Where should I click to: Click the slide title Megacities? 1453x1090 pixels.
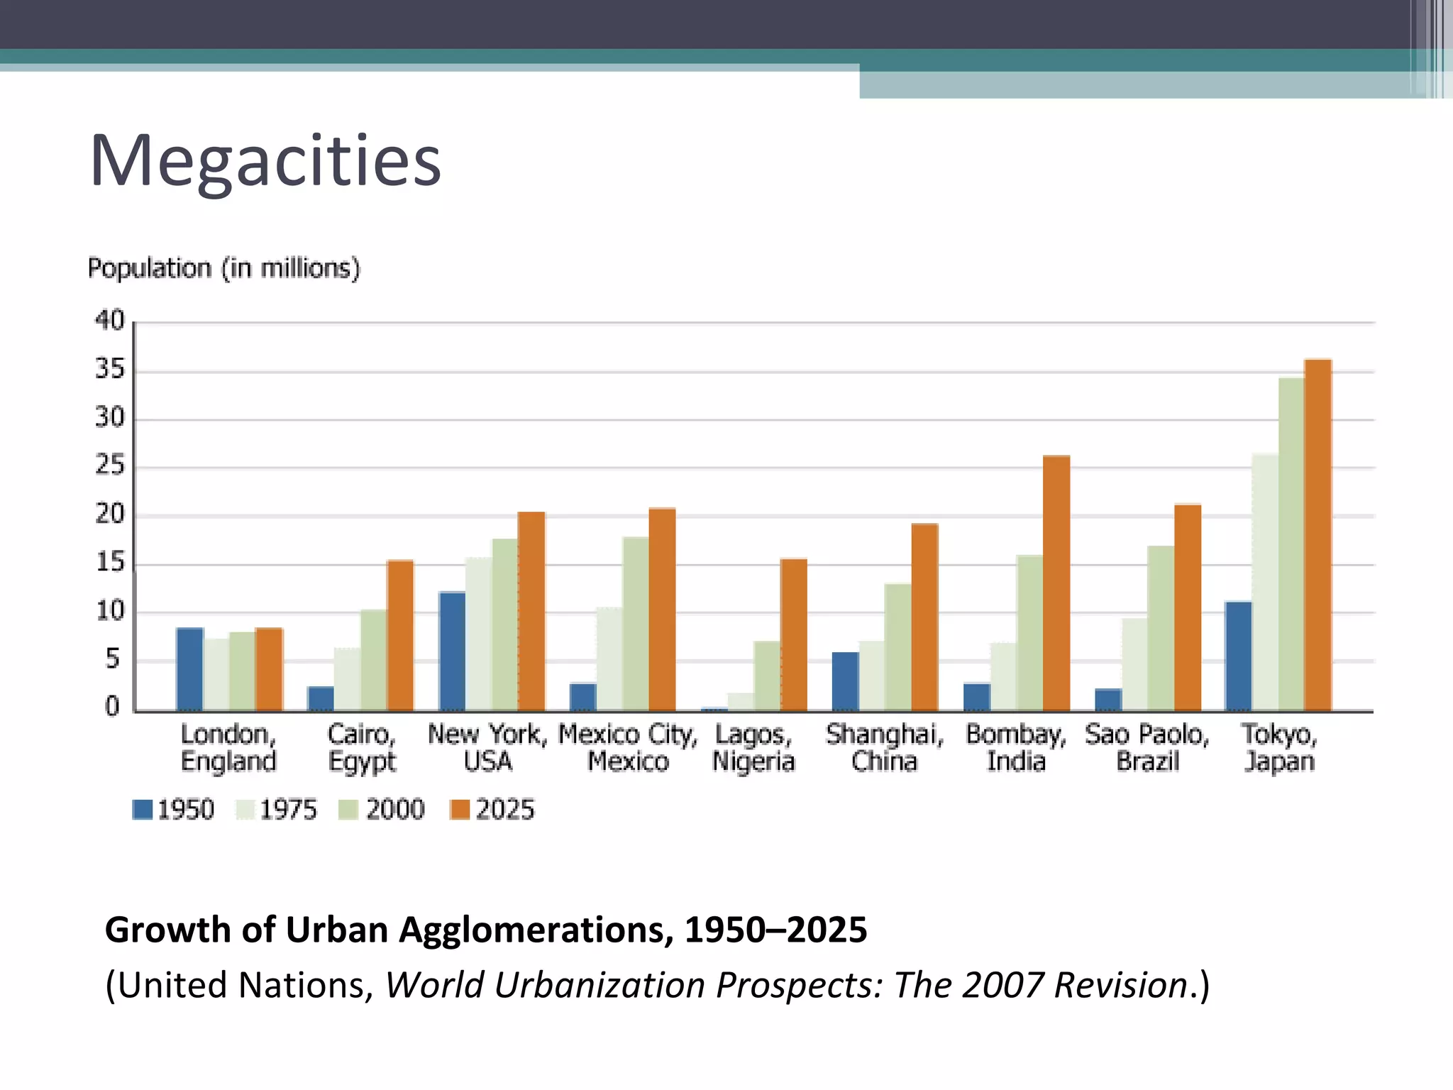coord(265,161)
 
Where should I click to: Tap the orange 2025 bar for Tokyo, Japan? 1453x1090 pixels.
coord(1317,536)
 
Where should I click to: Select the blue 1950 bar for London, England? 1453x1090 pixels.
coord(189,669)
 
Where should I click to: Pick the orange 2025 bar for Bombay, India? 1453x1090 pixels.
coord(1056,583)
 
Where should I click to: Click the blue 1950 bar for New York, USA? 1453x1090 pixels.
coord(452,651)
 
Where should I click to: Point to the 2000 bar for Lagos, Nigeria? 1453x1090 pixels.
coord(766,676)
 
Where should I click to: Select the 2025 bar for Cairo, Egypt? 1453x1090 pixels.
coord(399,636)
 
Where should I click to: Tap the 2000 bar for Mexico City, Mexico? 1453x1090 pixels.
coord(636,624)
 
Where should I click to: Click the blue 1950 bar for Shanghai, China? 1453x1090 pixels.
coord(845,681)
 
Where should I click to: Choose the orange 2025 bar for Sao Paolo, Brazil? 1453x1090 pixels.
coord(1187,607)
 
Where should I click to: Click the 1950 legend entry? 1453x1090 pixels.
coord(173,810)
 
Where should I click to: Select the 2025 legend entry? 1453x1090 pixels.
coord(492,810)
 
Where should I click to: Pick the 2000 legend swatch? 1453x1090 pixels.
coord(348,810)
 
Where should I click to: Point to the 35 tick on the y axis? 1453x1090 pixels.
coord(110,370)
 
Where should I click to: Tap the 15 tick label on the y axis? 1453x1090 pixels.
coord(110,563)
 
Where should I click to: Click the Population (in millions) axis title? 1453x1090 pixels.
coord(224,268)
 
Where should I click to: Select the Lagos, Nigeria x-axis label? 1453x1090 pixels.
coord(753,748)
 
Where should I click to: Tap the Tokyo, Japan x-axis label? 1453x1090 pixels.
coord(1279,748)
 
